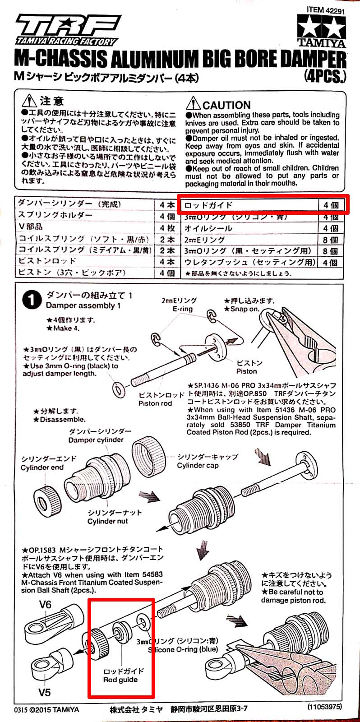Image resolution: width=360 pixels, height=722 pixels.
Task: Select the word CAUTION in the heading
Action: point(226,105)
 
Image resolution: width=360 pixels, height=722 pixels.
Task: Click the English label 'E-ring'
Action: point(182,309)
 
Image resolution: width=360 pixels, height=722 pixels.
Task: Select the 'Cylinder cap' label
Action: point(198,465)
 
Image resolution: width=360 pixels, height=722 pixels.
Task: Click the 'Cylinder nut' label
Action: point(107,521)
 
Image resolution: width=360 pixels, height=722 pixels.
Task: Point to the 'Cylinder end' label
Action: point(42,467)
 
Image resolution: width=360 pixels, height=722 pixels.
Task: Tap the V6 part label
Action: point(45,605)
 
